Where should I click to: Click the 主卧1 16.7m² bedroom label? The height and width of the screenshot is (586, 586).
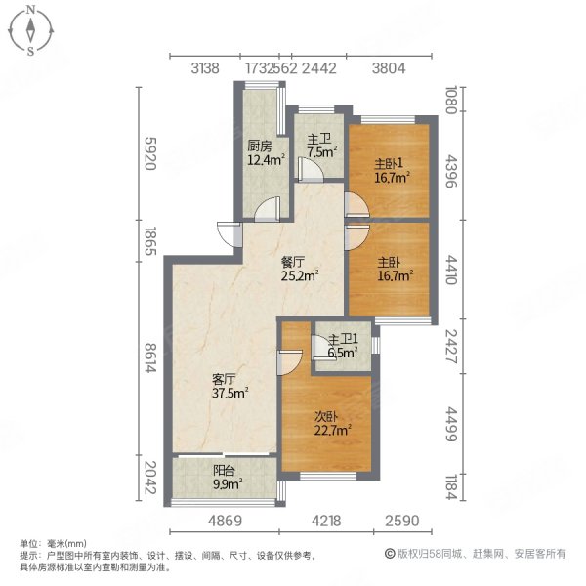(x=391, y=170)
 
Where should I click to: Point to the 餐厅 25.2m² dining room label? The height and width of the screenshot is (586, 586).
(x=298, y=270)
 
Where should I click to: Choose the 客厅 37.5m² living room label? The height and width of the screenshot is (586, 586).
(x=228, y=385)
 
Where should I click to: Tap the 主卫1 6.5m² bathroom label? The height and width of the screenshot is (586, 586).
(x=343, y=347)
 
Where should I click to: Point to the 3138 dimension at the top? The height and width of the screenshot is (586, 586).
(x=205, y=67)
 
